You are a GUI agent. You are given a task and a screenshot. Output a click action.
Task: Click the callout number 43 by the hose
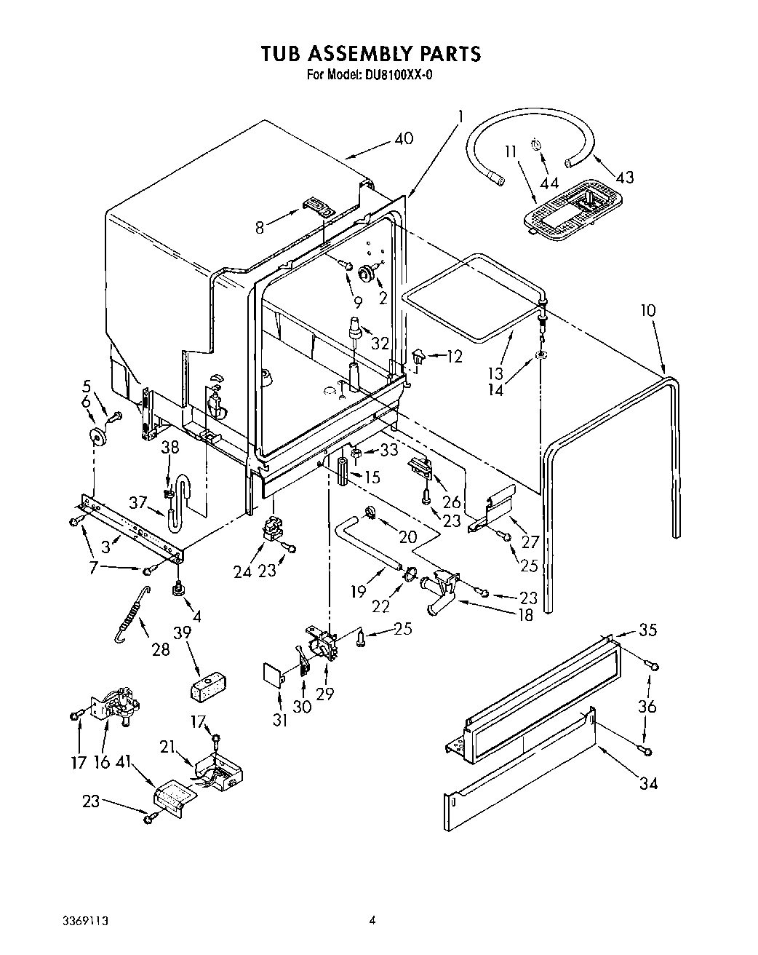click(x=623, y=177)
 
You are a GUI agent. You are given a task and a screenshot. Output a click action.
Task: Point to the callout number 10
click(x=647, y=311)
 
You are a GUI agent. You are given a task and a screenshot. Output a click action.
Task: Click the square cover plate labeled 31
click(x=274, y=673)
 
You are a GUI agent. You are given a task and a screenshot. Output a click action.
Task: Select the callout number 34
click(x=648, y=783)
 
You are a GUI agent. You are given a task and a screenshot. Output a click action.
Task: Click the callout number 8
click(x=260, y=226)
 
